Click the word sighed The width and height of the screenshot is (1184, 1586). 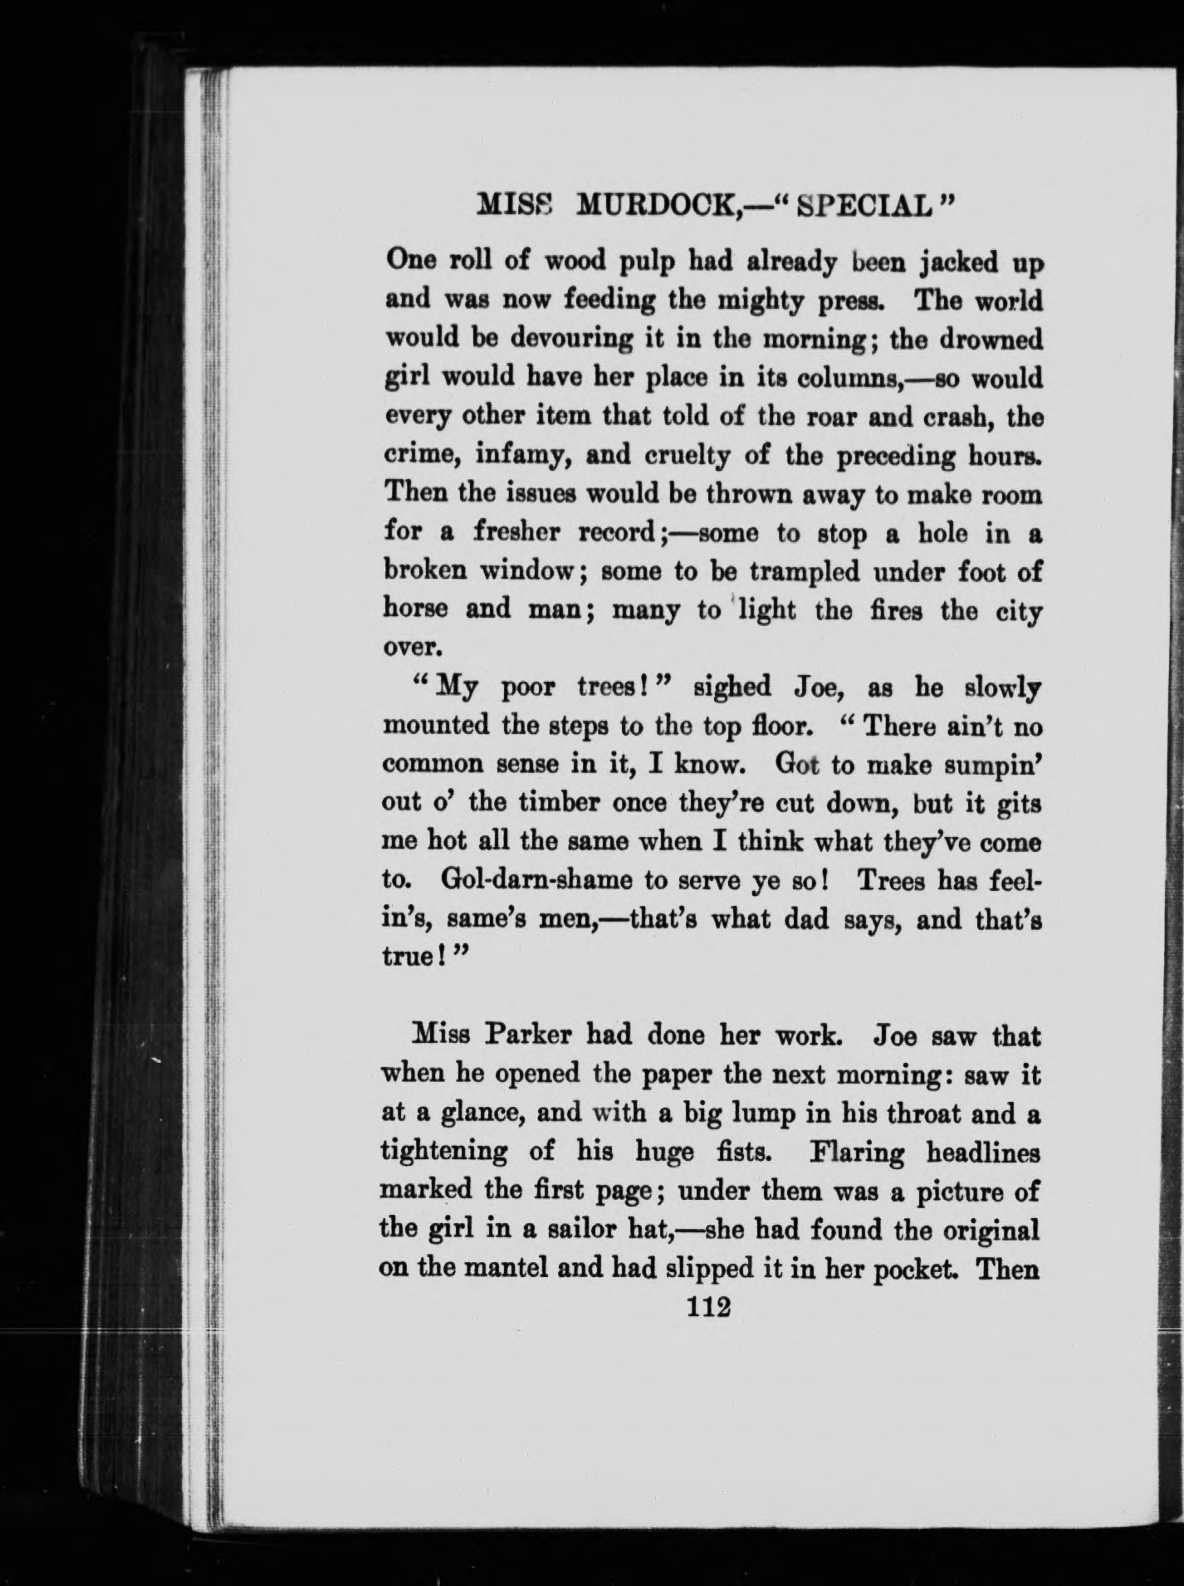pyautogui.click(x=731, y=688)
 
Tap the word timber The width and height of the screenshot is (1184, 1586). pyautogui.click(x=560, y=804)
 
